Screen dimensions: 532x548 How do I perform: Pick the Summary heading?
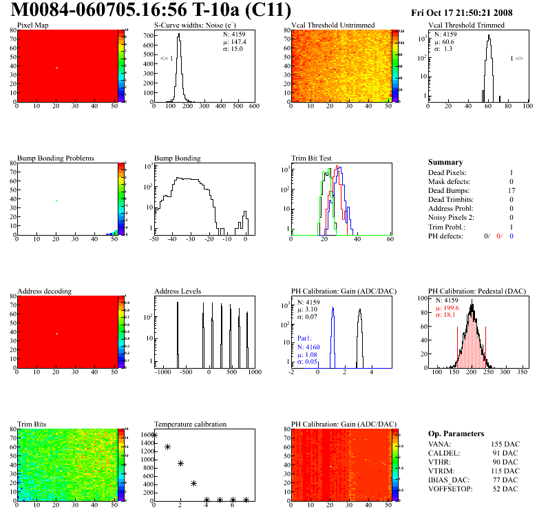point(445,162)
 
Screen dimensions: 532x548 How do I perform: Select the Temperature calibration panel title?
point(191,424)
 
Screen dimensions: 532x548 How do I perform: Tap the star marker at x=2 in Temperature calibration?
point(180,463)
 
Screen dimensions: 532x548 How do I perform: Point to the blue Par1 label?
point(305,338)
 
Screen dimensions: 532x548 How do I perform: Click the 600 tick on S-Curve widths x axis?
point(253,106)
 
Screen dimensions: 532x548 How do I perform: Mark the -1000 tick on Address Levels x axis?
point(162,372)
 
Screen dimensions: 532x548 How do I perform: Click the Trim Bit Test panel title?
point(312,158)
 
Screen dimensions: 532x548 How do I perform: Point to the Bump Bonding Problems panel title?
point(56,158)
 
